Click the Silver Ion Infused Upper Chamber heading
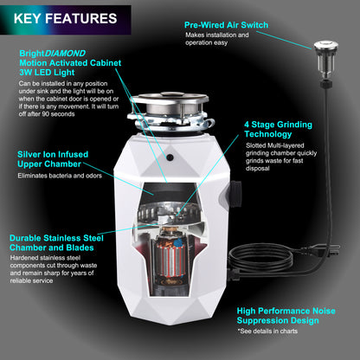tap(61, 160)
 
